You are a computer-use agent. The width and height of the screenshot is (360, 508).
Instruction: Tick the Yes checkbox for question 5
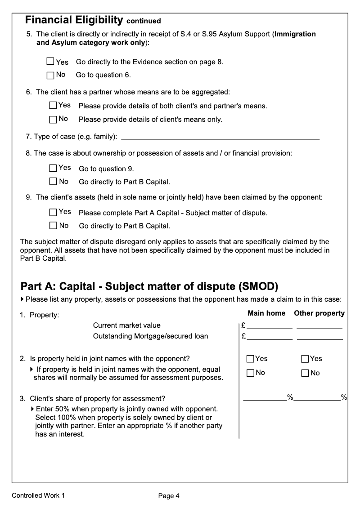50,61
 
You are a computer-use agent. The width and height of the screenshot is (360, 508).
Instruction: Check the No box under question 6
53,119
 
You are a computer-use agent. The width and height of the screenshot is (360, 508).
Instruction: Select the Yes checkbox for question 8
53,168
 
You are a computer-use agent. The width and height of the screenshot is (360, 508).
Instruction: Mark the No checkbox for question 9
53,225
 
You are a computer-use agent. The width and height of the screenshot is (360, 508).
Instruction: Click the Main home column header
267,313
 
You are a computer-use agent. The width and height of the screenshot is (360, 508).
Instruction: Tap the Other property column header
319,313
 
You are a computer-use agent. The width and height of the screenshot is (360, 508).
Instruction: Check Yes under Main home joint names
250,359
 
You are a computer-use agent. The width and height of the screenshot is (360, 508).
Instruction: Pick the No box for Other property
305,373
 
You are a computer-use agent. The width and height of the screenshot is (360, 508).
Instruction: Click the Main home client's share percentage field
265,397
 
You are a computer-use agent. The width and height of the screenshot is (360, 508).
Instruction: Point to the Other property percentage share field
317,397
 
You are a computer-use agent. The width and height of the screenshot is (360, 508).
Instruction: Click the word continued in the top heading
144,21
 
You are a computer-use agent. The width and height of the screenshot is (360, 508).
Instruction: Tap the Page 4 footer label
169,496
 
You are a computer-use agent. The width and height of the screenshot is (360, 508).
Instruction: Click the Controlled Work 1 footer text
38,495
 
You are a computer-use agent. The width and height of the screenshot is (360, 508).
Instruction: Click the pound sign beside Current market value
243,325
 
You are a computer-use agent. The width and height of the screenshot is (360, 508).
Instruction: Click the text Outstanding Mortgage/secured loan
150,336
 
